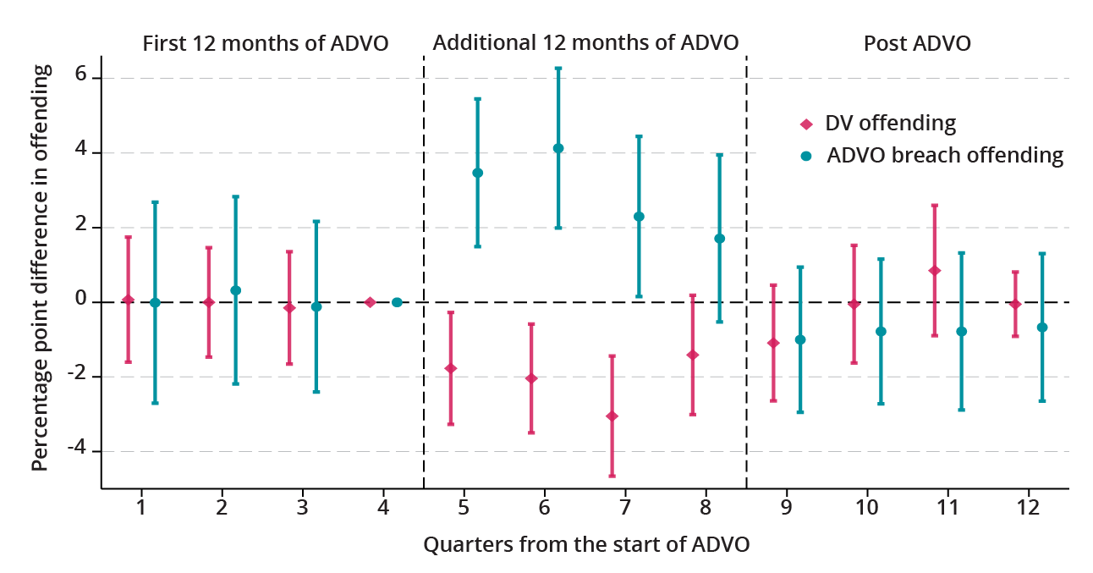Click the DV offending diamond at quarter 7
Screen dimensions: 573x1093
tap(612, 416)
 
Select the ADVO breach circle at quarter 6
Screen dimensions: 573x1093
tap(558, 148)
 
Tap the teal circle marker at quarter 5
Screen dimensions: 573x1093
tap(477, 173)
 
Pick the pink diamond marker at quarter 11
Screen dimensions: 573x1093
tap(935, 271)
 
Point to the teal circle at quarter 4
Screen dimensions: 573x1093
tap(397, 302)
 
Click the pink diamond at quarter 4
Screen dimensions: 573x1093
tap(370, 302)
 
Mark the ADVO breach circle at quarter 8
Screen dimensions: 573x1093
tap(720, 239)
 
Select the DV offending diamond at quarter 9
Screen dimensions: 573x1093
tap(772, 343)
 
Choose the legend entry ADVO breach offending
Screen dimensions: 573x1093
tap(944, 155)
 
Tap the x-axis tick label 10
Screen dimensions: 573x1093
tap(866, 508)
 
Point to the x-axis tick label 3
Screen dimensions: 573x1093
tap(303, 508)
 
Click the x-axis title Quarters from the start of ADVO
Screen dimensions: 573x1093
tap(586, 544)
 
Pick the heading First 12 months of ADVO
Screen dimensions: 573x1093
tap(266, 43)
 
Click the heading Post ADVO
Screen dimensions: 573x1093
tap(917, 43)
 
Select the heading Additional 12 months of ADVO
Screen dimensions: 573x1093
tap(585, 42)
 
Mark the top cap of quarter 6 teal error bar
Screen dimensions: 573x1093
tap(558, 68)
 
